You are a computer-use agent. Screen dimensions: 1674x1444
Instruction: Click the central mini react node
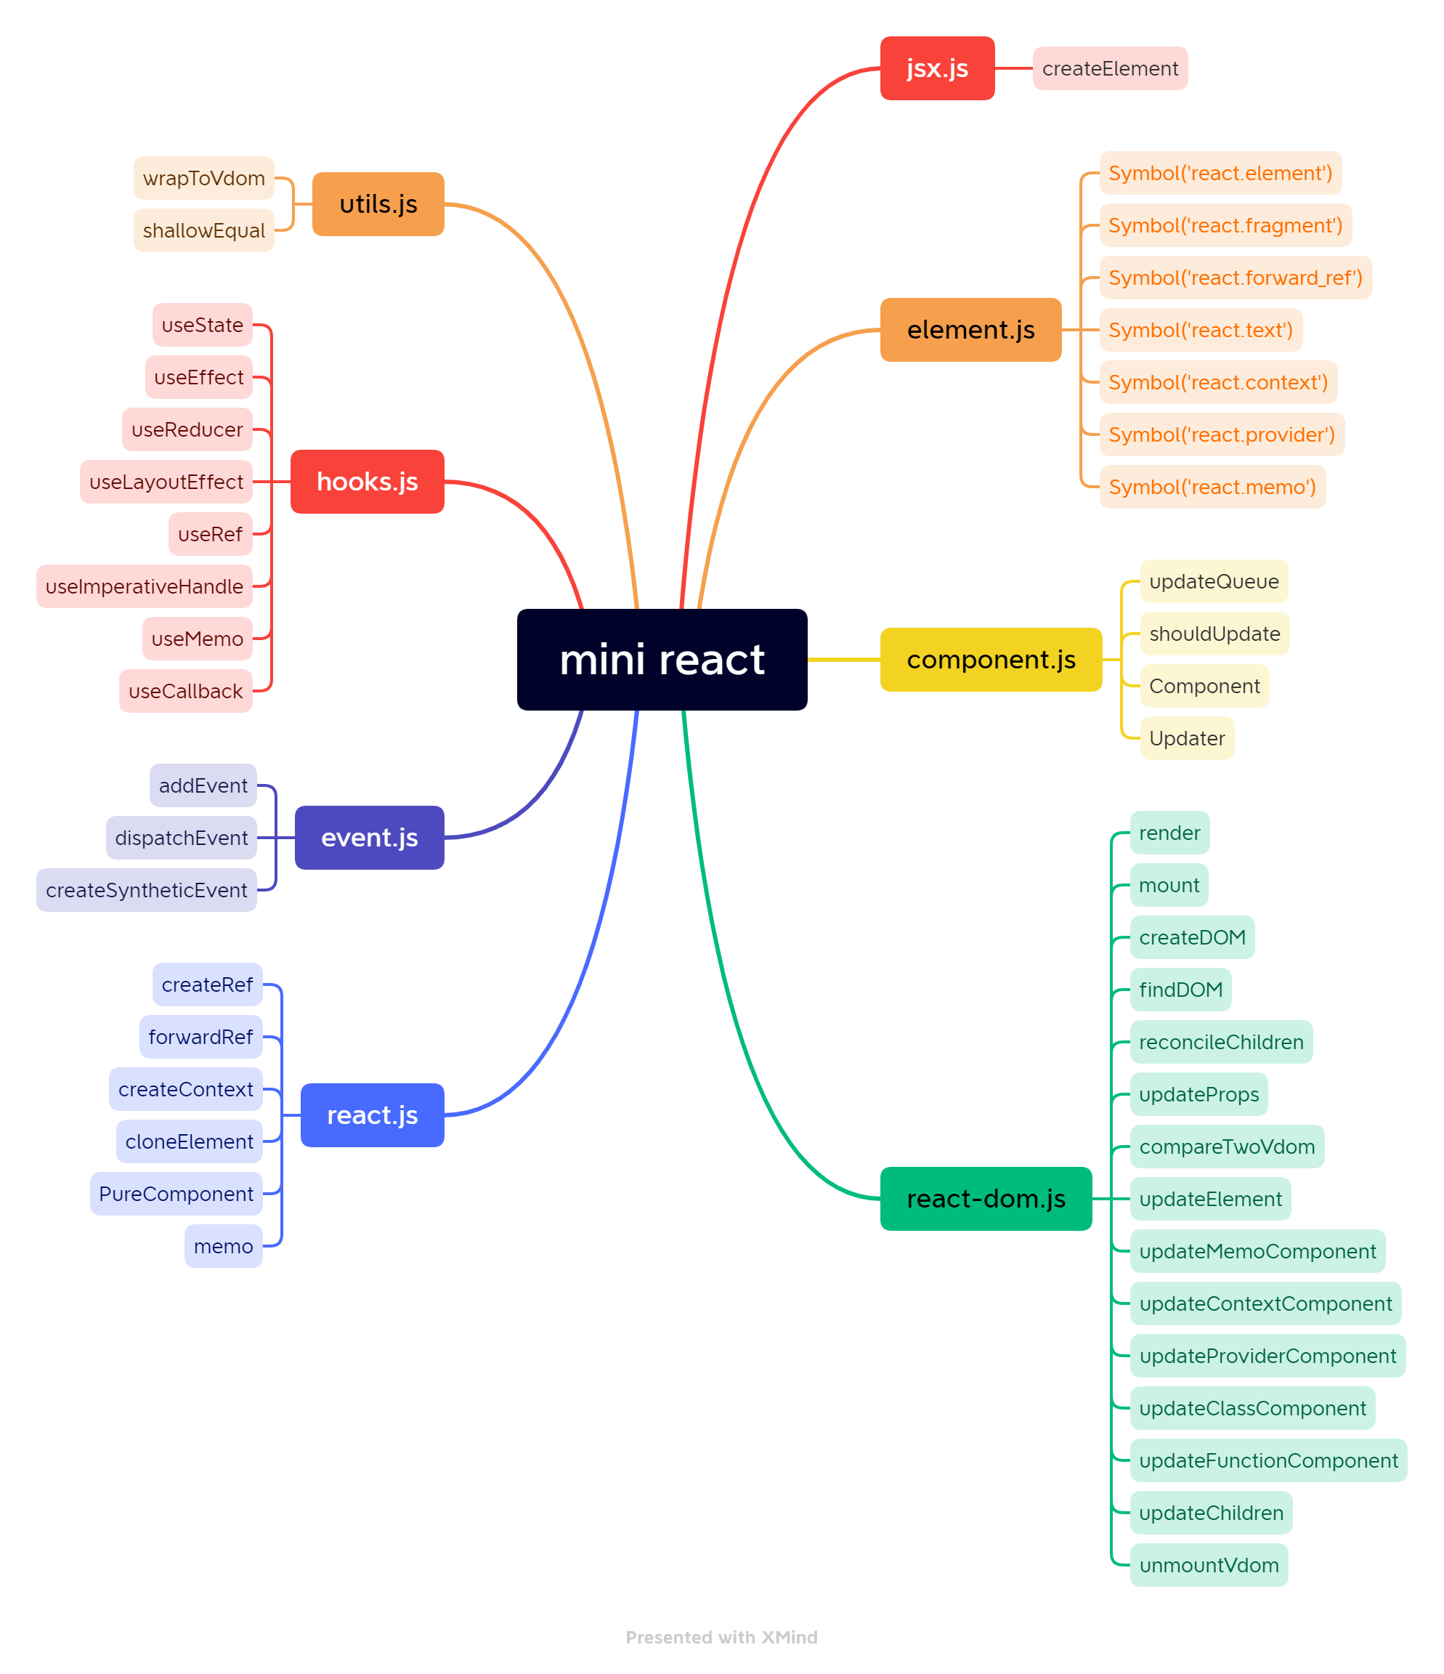coord(662,659)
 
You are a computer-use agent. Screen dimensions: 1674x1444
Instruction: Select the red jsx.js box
coord(937,69)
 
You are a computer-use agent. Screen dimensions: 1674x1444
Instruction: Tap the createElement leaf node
coord(1110,69)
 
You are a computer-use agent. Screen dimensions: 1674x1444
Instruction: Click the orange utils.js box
coord(378,204)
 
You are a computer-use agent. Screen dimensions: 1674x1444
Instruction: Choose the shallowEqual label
coord(203,231)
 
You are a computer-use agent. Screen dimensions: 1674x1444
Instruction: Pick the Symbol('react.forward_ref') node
coord(1235,278)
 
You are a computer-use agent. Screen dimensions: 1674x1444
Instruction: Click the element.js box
coord(970,330)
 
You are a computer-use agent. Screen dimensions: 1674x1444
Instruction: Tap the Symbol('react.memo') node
coord(1212,488)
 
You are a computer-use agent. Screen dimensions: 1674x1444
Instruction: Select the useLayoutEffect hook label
coord(166,482)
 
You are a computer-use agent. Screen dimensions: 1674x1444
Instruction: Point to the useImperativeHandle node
coord(144,586)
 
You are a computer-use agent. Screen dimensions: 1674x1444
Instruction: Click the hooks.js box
coord(367,482)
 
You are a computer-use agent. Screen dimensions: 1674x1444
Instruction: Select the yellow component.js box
coord(991,660)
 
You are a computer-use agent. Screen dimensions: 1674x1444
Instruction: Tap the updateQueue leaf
coord(1213,582)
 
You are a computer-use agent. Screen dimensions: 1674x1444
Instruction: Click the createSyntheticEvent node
coord(146,890)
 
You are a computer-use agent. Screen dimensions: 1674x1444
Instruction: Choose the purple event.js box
coord(369,838)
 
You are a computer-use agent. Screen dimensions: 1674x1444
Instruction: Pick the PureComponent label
coord(176,1194)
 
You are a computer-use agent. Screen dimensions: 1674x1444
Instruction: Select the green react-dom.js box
coord(985,1199)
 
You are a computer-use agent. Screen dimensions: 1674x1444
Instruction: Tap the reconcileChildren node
coord(1220,1042)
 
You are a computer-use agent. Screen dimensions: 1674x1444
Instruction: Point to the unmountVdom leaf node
coord(1208,1566)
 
